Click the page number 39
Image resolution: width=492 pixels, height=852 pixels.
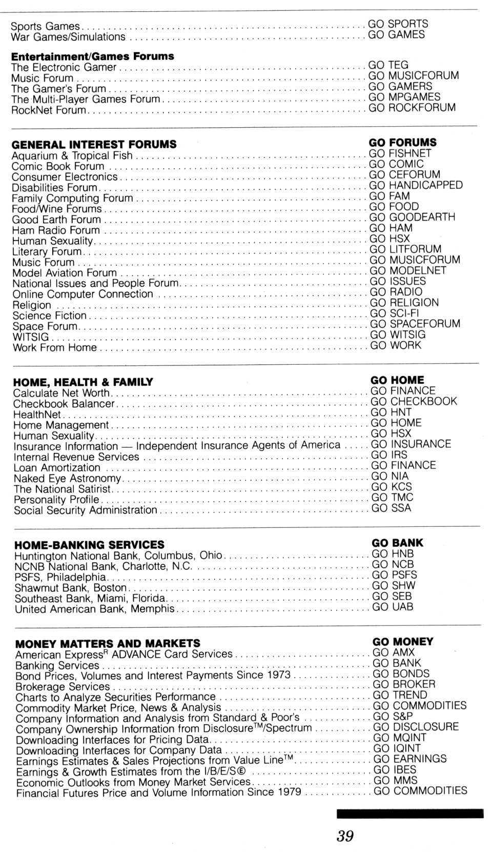345,836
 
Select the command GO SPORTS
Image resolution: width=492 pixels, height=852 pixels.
398,24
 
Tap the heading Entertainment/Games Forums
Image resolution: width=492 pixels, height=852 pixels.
92,56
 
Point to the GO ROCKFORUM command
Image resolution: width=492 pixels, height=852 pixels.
412,108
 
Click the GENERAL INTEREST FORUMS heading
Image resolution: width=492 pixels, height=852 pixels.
94,145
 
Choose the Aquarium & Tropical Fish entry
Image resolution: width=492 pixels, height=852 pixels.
72,155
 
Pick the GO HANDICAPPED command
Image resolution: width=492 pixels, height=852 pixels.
416,185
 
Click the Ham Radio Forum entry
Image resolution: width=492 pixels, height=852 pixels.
56,230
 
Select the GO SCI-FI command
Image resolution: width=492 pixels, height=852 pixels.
394,313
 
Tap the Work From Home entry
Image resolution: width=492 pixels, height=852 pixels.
55,348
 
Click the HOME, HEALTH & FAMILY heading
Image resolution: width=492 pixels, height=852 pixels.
83,382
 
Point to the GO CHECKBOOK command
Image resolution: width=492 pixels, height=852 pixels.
414,402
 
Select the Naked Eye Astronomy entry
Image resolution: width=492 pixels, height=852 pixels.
67,479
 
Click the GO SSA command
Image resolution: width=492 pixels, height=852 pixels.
391,508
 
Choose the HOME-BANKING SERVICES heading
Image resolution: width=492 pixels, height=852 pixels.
89,545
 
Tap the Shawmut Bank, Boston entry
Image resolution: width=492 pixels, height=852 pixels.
71,588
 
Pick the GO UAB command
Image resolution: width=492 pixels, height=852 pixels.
393,607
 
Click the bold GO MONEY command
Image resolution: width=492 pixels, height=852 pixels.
403,642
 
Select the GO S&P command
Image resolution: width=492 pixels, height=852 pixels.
393,716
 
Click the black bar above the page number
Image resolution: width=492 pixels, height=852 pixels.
410,814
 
